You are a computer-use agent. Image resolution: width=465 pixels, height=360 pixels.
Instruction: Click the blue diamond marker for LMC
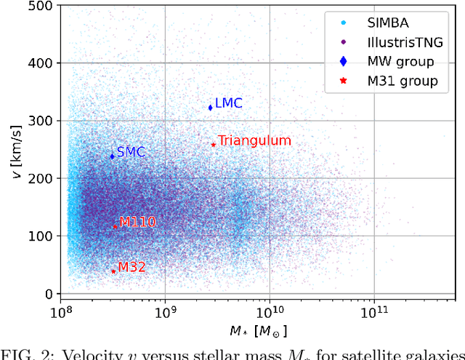211,108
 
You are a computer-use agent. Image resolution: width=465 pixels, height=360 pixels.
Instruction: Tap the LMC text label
228,104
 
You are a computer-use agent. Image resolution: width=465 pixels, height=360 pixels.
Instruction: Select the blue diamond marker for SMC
113,156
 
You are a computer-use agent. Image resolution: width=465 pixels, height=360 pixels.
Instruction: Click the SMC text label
131,152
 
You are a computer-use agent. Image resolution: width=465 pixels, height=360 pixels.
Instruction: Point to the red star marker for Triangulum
213,144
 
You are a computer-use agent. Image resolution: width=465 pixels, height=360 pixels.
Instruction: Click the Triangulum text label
254,141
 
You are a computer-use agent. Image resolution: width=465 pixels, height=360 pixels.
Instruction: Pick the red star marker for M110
115,226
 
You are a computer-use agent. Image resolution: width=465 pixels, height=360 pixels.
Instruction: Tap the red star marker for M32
113,271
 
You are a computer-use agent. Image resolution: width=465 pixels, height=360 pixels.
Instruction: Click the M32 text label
132,267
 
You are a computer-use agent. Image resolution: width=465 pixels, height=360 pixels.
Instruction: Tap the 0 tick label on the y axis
49,294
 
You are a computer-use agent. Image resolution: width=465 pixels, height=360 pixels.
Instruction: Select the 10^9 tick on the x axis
165,311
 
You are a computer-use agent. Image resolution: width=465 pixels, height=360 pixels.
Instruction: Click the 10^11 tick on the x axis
373,311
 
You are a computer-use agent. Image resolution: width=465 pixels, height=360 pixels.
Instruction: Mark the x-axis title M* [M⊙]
259,331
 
